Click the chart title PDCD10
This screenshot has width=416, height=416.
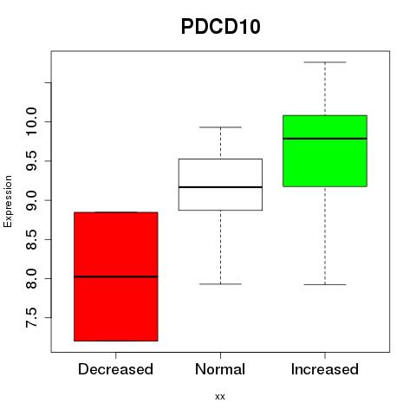(221, 27)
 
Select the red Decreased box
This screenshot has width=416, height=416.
(116, 276)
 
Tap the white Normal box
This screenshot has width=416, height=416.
(220, 185)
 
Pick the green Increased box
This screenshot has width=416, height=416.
(325, 151)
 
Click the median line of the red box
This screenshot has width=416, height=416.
(116, 276)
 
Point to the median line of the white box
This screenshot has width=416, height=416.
(220, 187)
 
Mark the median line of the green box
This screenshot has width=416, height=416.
(325, 139)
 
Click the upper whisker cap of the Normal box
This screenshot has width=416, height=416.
(220, 127)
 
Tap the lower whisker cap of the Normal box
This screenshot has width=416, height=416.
(220, 284)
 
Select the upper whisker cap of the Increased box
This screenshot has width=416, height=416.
(325, 62)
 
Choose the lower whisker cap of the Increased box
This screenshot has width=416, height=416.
(325, 284)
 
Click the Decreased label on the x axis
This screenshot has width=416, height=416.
(115, 369)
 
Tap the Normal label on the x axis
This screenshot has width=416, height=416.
(220, 369)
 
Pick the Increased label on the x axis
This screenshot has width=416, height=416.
(325, 369)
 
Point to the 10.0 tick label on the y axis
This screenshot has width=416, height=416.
(31, 121)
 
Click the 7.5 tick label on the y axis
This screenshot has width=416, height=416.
(31, 318)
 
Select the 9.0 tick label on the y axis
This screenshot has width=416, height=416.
(31, 200)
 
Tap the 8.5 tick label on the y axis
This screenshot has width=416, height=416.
(31, 239)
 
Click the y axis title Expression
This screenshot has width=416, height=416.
(8, 201)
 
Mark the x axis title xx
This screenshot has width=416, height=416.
(220, 397)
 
